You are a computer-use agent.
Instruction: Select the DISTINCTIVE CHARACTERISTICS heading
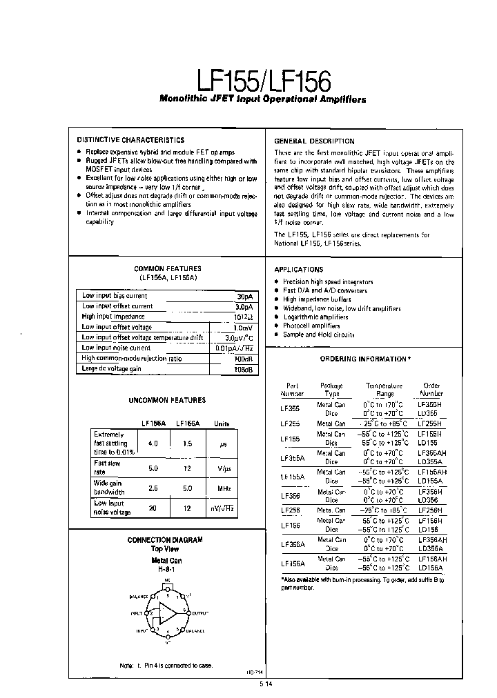tap(130, 140)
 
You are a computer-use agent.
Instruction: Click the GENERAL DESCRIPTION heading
tap(314, 141)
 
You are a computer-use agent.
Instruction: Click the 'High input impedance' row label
tap(113, 317)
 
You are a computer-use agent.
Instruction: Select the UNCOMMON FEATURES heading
tap(167, 400)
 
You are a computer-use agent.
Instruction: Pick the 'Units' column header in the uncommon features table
tap(222, 424)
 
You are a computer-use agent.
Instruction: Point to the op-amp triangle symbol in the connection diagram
tap(168, 612)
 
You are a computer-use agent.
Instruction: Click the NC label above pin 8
tap(166, 581)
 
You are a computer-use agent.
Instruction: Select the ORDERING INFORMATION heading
tap(365, 359)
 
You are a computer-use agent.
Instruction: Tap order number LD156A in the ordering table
tap(430, 568)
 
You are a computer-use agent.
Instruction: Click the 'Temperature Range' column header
tap(384, 390)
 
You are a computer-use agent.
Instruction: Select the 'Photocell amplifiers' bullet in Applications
tap(311, 326)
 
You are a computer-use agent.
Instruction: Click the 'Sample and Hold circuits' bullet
tap(318, 335)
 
